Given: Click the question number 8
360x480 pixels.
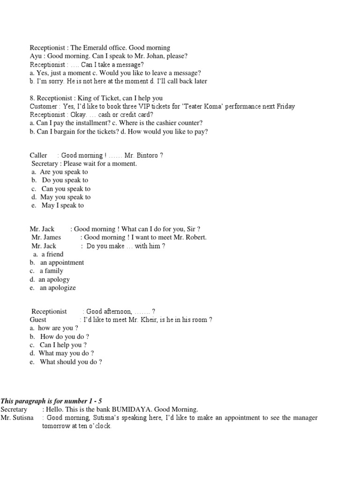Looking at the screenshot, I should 32,98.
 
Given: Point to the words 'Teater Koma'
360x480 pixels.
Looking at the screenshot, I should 201,106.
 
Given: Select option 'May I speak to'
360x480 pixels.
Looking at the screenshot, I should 62,205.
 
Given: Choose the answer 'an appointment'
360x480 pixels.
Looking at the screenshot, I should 62,262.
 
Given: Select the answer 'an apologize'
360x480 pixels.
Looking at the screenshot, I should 58,288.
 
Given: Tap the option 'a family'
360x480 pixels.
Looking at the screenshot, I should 51,271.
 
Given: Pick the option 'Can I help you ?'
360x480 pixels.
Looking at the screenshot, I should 63,345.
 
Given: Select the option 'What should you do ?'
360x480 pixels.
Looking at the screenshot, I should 71,362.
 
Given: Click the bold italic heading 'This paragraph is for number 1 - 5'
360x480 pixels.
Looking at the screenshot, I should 51,401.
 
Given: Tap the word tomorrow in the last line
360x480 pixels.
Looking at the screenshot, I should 58,426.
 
